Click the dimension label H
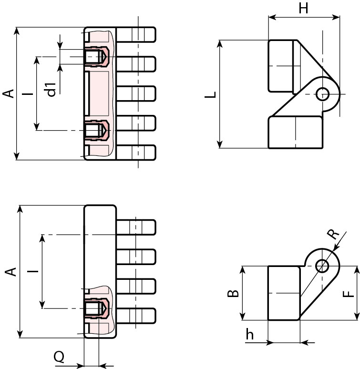tap(303, 8)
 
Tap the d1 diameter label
tap(51, 89)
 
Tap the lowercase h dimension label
tap(250, 335)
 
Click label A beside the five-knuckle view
tap(8, 93)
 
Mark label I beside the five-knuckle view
tap(30, 93)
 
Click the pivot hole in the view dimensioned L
tap(322, 93)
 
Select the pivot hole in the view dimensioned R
tap(322, 265)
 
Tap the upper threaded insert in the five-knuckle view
tap(97, 57)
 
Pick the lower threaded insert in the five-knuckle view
tap(97, 130)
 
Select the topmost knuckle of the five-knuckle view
tap(136, 34)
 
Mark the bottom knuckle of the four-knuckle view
tap(136, 316)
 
